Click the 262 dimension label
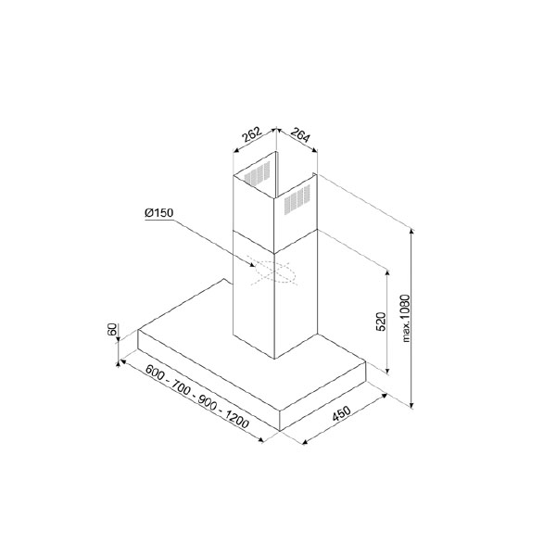click(251, 133)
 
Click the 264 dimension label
click(300, 134)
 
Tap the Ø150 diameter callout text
click(158, 213)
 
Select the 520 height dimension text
click(380, 322)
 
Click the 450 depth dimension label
click(341, 413)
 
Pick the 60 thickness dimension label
click(112, 329)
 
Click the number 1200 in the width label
click(237, 421)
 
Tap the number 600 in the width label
click(155, 373)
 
